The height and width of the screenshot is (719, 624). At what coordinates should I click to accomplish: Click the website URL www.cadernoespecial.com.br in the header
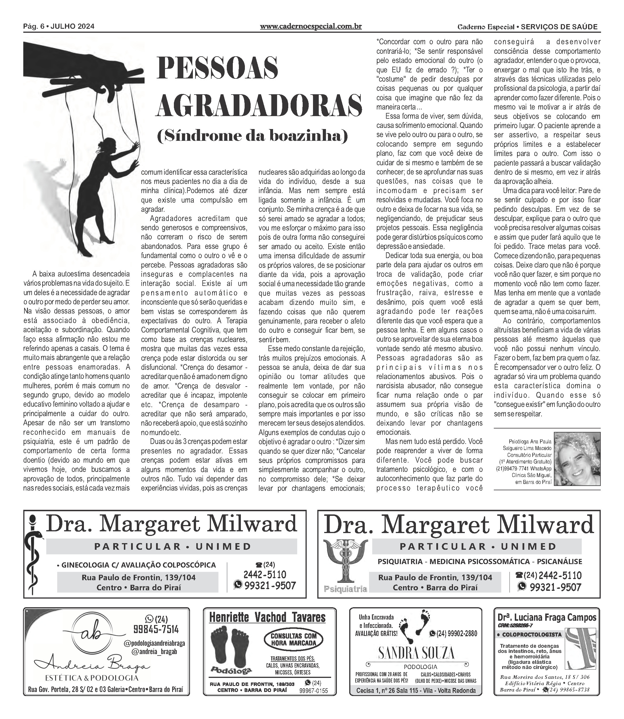(311, 26)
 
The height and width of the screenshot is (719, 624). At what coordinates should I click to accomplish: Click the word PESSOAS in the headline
(218, 68)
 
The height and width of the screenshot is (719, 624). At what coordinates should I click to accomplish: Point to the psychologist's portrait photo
(577, 459)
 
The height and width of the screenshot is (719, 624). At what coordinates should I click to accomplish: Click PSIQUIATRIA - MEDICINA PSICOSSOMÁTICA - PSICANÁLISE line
(480, 561)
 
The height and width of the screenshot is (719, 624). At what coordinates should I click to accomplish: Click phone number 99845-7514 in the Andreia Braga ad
(156, 629)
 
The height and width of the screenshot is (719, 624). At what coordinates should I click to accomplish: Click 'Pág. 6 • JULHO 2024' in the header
(59, 26)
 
